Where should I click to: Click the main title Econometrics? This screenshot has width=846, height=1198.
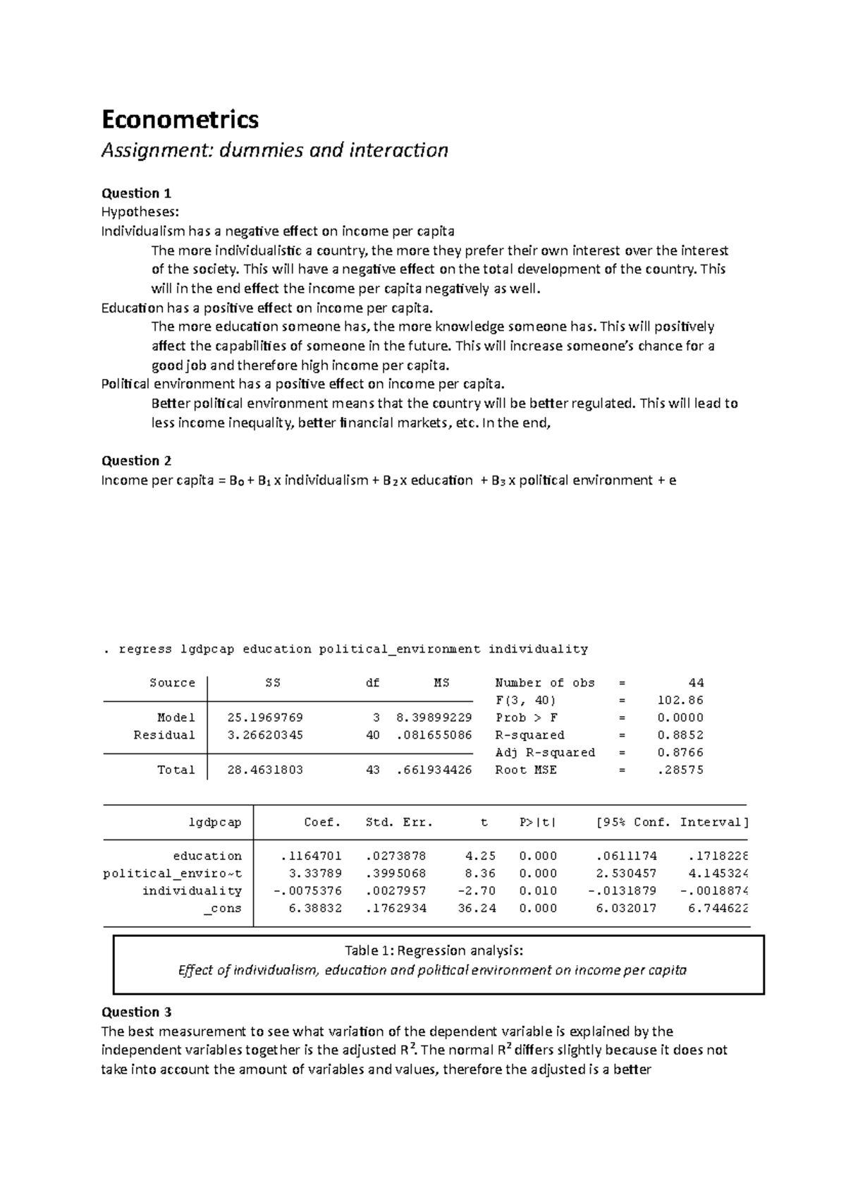click(x=180, y=119)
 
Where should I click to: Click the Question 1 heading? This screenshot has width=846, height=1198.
click(x=136, y=193)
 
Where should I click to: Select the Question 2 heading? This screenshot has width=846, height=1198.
click(x=136, y=461)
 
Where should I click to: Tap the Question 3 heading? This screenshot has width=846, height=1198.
click(x=136, y=1012)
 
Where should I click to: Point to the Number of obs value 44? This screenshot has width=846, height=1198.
click(x=696, y=683)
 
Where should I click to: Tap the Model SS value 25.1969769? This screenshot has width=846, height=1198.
click(x=265, y=718)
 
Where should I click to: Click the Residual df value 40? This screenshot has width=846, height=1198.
click(x=373, y=735)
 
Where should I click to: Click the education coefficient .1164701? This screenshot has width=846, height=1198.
click(x=311, y=857)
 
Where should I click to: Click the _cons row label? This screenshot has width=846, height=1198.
click(x=223, y=909)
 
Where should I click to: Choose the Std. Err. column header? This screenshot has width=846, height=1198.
click(x=399, y=823)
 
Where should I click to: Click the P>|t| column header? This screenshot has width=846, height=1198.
click(x=538, y=823)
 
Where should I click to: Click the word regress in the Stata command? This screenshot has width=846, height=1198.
click(x=145, y=649)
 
